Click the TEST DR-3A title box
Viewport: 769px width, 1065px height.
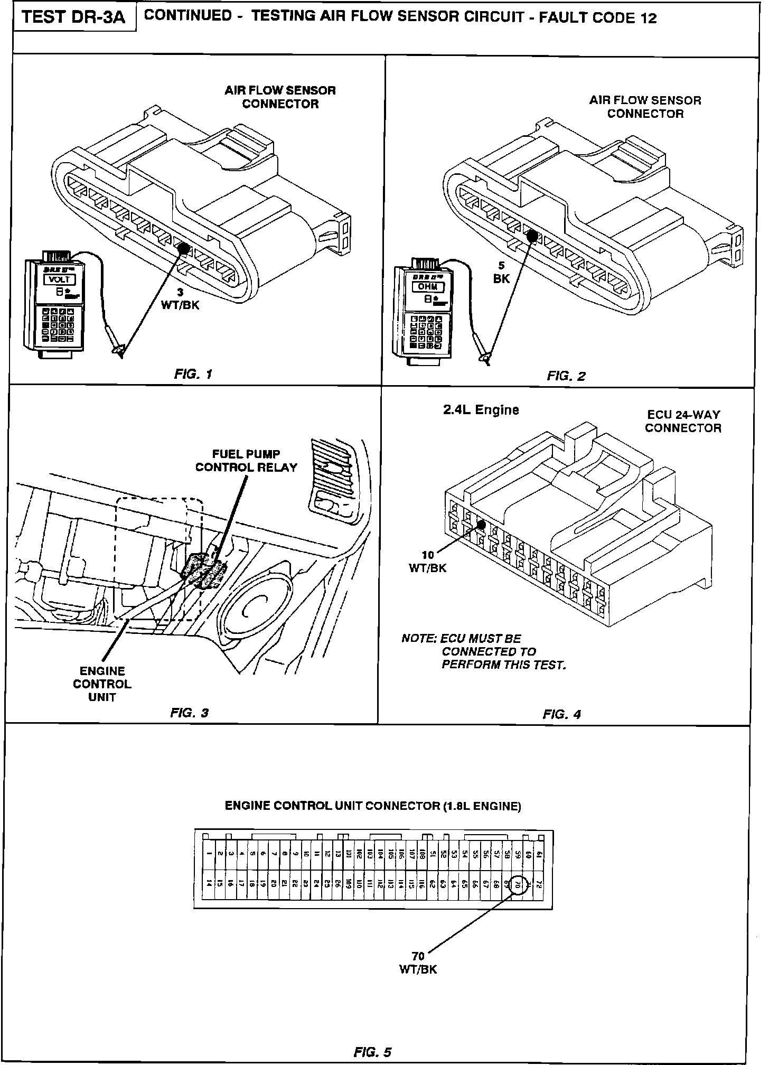[x=74, y=18]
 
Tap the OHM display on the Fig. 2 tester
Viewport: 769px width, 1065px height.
[x=428, y=287]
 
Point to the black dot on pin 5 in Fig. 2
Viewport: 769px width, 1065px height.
[x=532, y=236]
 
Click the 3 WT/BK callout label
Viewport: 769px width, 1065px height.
[x=181, y=300]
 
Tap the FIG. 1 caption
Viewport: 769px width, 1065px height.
[x=193, y=375]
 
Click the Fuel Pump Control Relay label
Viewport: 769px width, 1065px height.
[x=246, y=461]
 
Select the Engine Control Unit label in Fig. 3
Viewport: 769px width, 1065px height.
[x=102, y=684]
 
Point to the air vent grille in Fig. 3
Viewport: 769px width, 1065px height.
[x=333, y=478]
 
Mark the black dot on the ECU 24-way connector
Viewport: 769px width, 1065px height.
[x=481, y=525]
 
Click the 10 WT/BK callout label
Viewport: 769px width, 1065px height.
[x=428, y=562]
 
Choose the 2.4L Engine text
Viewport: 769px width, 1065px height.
[x=481, y=410]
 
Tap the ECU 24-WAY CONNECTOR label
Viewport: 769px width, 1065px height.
[x=682, y=422]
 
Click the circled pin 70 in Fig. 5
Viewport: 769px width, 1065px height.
[x=518, y=883]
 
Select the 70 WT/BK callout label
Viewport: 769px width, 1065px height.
[x=418, y=963]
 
